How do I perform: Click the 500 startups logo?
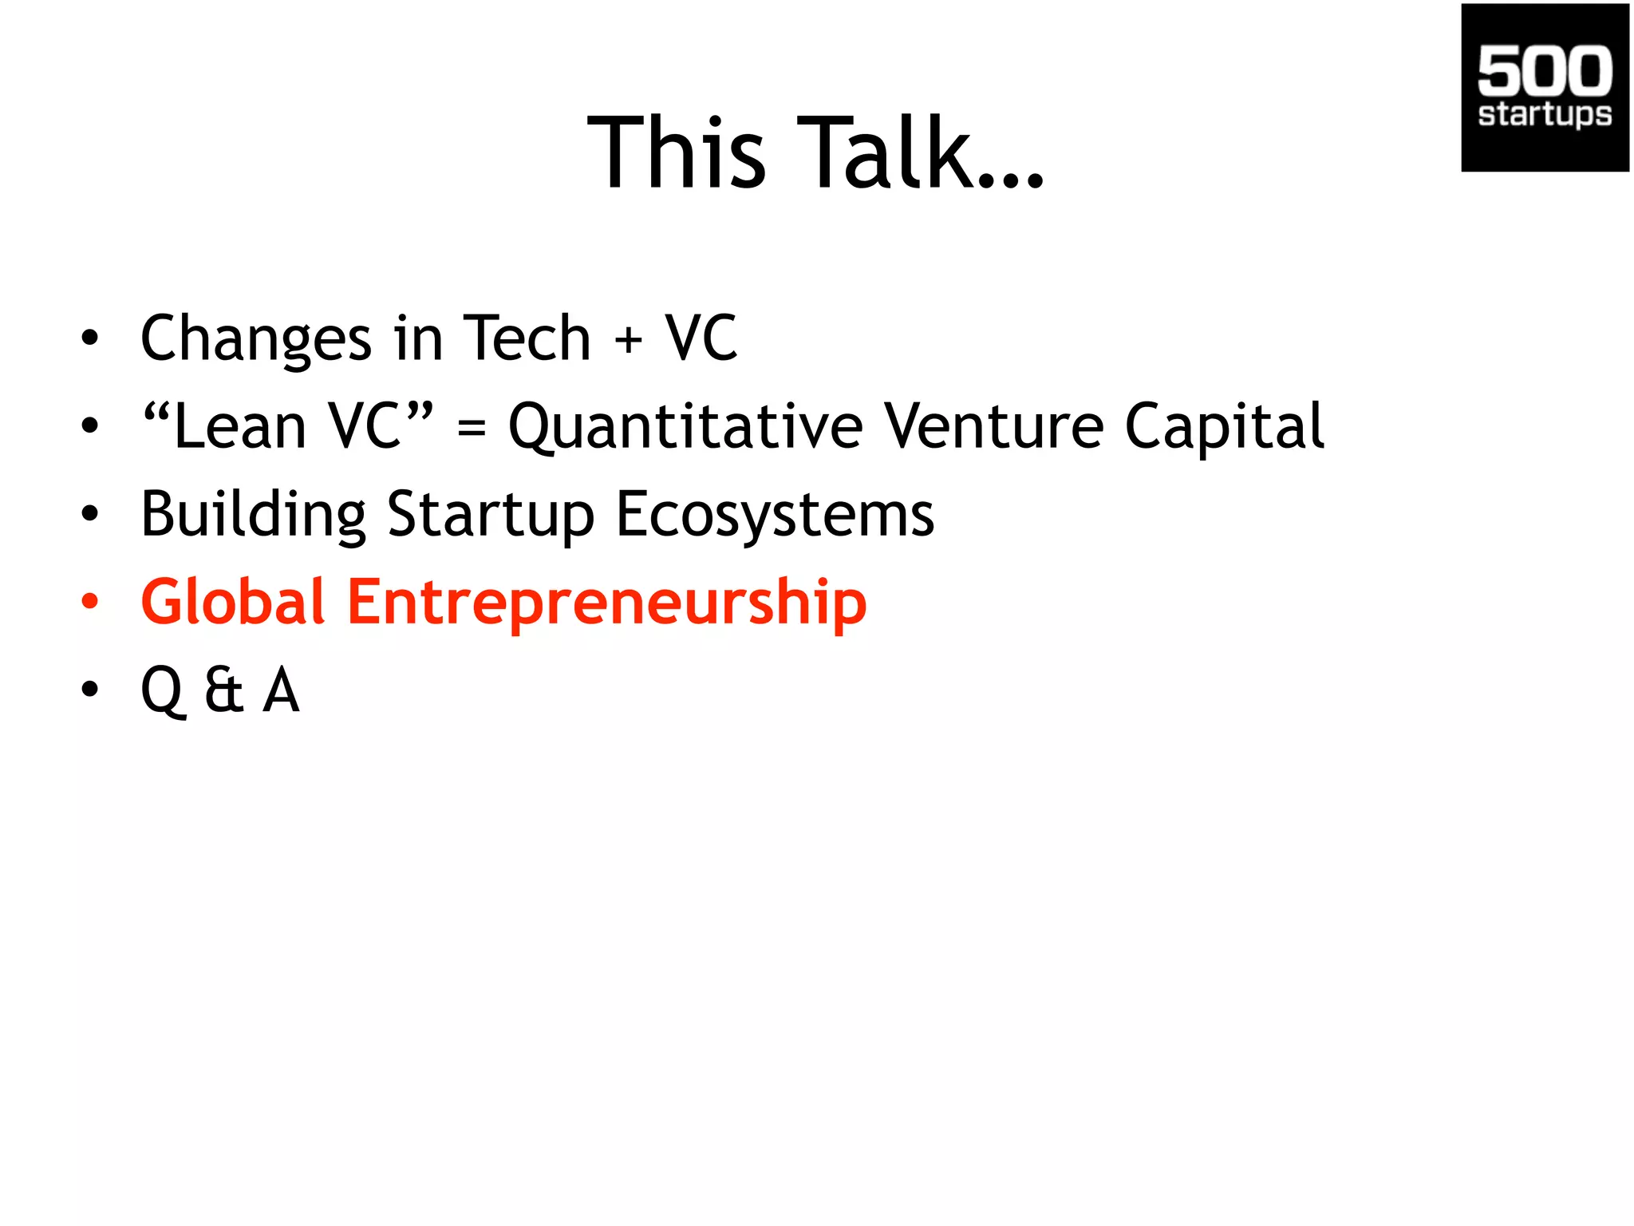point(1544,88)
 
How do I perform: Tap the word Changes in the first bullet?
point(255,339)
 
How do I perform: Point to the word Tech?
point(527,338)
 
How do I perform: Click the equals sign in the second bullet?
point(472,429)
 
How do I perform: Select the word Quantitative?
point(685,427)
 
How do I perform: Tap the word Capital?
point(1224,427)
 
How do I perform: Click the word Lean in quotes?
point(239,427)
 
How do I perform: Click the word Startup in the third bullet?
point(491,515)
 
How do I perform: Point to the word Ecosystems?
point(775,515)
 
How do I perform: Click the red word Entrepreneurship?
point(606,603)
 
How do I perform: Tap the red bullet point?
point(90,601)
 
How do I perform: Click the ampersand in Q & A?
point(223,690)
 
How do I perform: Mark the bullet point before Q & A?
point(90,689)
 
